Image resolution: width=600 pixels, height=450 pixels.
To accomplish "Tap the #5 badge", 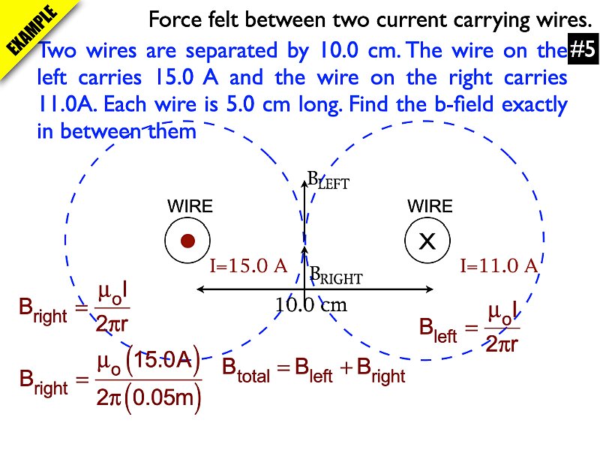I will pyautogui.click(x=582, y=51).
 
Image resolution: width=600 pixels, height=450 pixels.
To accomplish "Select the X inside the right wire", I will pyautogui.click(x=427, y=241).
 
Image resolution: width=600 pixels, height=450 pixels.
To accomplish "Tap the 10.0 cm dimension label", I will pyautogui.click(x=310, y=305).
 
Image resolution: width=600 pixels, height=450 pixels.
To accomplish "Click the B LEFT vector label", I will pyautogui.click(x=328, y=181).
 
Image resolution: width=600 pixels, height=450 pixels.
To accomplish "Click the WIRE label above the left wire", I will pyautogui.click(x=190, y=206).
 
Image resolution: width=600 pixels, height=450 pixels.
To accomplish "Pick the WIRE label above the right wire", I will pyautogui.click(x=430, y=206).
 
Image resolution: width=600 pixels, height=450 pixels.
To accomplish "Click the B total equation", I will pyautogui.click(x=313, y=370).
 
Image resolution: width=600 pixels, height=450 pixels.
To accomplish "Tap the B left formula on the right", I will pyautogui.click(x=469, y=327).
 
